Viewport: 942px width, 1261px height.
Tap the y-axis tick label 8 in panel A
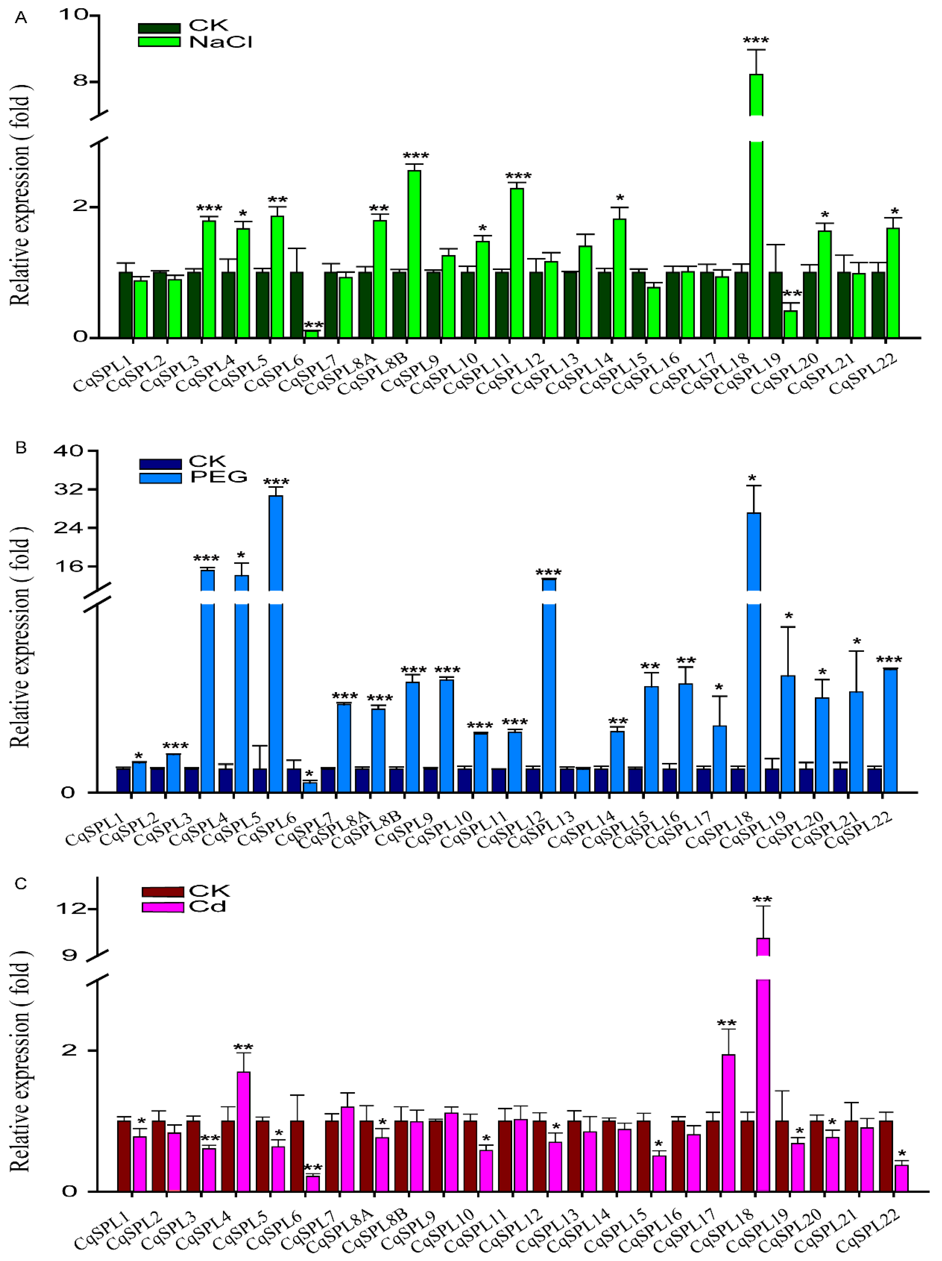80,81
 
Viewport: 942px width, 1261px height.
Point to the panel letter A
21,18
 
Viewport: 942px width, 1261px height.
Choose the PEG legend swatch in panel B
160,478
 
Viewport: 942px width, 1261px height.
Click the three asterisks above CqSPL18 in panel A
756,40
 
